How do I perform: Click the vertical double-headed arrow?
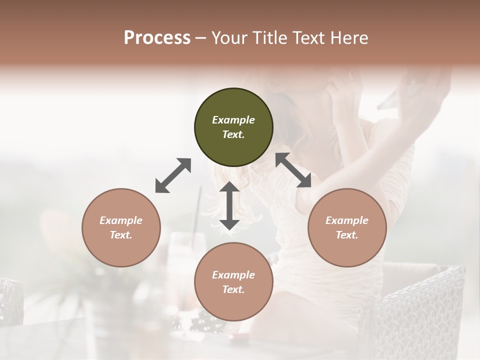[229, 206]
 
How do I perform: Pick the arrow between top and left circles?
[173, 175]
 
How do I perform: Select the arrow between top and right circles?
[293, 170]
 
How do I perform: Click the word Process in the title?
[157, 37]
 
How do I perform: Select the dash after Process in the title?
[200, 38]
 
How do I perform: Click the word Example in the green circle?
[233, 120]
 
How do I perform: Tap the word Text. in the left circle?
[121, 235]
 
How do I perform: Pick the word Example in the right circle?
[347, 220]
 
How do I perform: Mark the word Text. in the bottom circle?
[233, 289]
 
